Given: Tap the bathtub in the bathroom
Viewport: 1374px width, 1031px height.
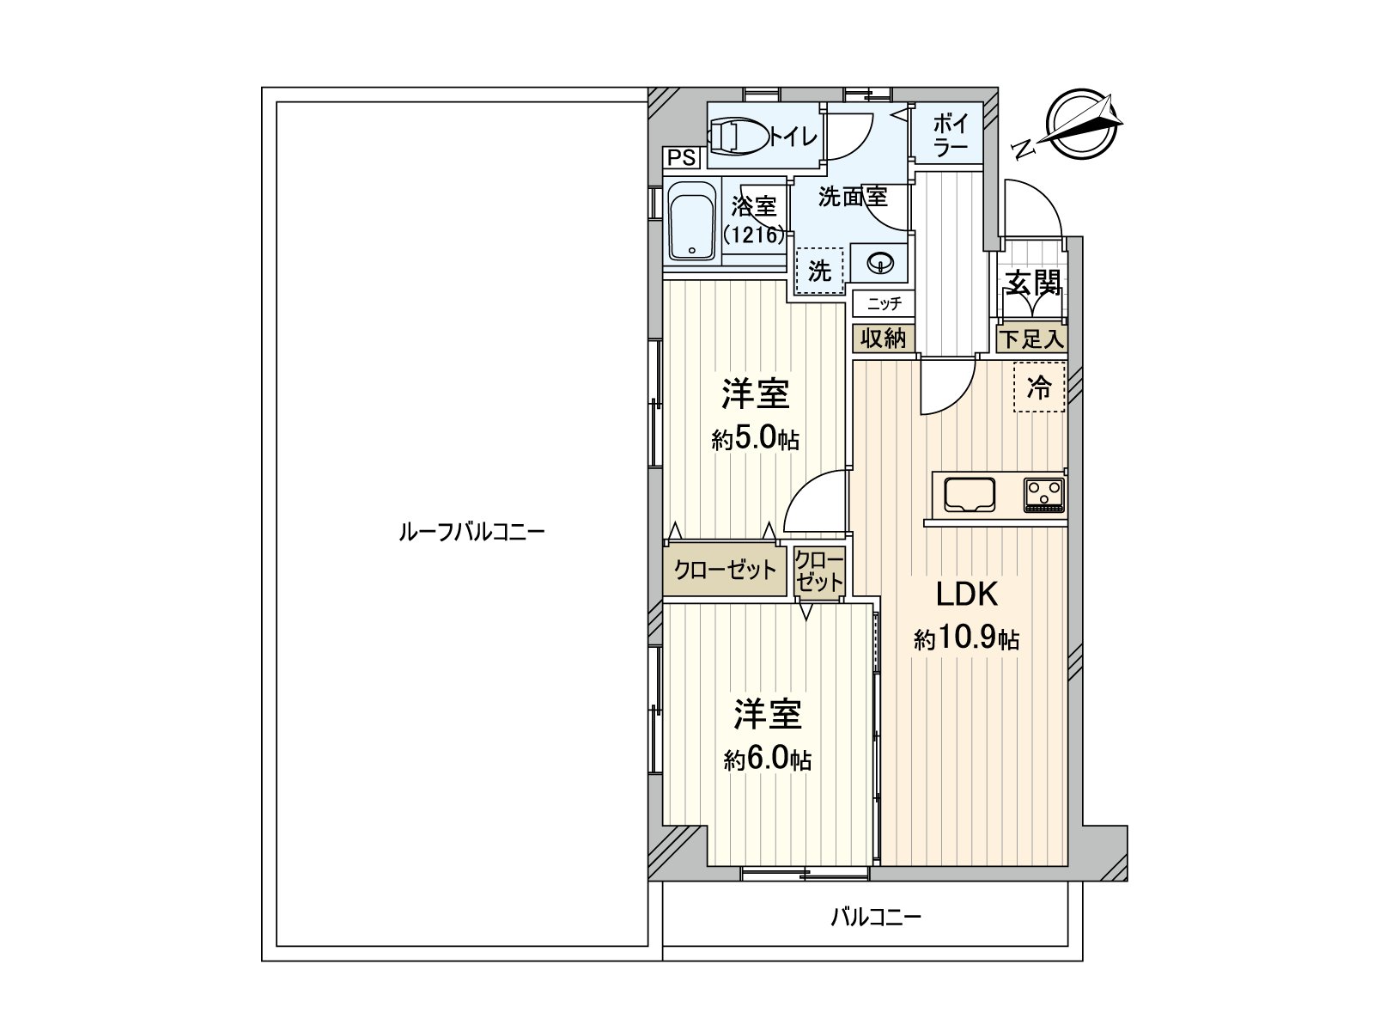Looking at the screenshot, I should pyautogui.click(x=691, y=223).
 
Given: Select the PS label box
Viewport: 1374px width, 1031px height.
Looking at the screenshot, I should pyautogui.click(x=682, y=158).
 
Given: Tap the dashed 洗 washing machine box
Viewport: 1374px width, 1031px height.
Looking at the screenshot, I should pyautogui.click(x=820, y=271).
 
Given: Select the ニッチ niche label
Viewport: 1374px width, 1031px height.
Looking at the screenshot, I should pyautogui.click(x=884, y=303).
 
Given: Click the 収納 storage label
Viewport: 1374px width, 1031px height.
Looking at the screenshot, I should pyautogui.click(x=884, y=339).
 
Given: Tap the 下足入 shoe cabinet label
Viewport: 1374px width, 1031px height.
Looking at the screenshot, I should pyautogui.click(x=1031, y=339).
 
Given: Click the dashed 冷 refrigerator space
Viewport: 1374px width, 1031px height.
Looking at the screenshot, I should pyautogui.click(x=1039, y=387).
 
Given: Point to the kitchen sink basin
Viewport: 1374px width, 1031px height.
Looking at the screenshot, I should pyautogui.click(x=970, y=495).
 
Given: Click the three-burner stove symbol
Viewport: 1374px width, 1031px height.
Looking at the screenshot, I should pyautogui.click(x=1043, y=495).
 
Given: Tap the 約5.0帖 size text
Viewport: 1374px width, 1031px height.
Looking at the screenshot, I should pyautogui.click(x=755, y=441).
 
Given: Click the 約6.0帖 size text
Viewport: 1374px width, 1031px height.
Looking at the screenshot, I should pyautogui.click(x=767, y=760).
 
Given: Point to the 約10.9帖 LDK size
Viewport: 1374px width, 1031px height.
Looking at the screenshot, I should pyautogui.click(x=966, y=639).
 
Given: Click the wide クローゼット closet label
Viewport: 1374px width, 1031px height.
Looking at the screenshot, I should pyautogui.click(x=725, y=570).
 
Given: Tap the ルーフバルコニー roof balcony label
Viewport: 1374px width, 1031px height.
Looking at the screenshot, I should pyautogui.click(x=471, y=532).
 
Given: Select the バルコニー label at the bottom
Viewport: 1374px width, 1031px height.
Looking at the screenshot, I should pyautogui.click(x=875, y=917).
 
